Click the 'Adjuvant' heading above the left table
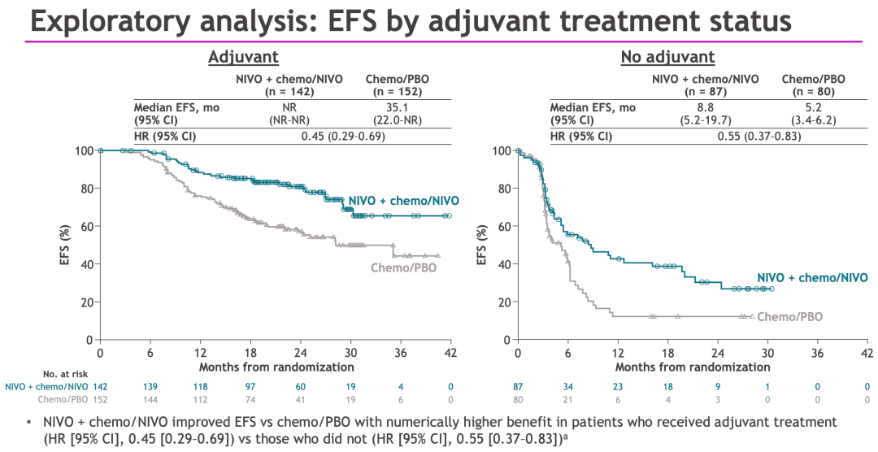coord(244,57)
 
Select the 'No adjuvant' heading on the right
coord(667,57)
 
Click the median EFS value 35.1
coord(398,106)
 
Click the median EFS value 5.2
coord(813,106)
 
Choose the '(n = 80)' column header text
coord(813,92)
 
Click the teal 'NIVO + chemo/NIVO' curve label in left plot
coord(403,201)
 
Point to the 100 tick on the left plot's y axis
coord(84,150)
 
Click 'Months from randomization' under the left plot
coord(276,367)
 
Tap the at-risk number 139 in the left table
coord(150,387)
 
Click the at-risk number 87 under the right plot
coord(518,387)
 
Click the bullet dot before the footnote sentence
coord(29,423)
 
